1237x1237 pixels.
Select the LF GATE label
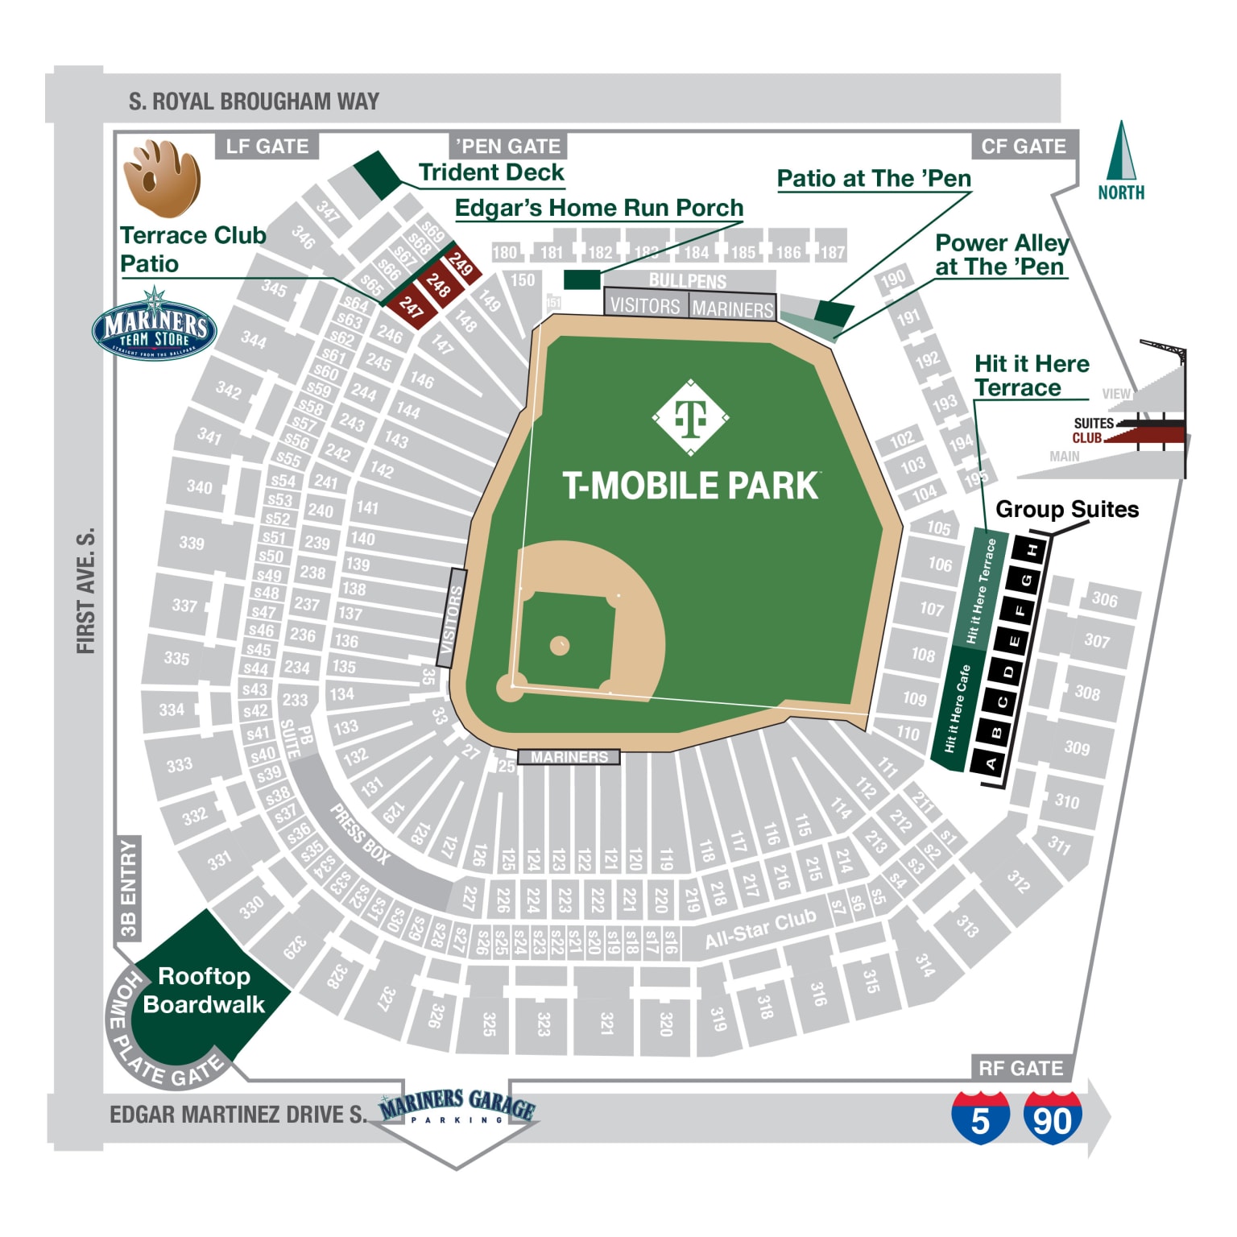pos(267,147)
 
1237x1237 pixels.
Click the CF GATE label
pos(1023,147)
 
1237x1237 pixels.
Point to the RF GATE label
pos(1020,1068)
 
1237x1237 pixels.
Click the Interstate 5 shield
pos(980,1117)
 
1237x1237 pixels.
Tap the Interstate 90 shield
pos(1052,1117)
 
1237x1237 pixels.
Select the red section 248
pos(438,284)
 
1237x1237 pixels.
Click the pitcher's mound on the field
pos(560,645)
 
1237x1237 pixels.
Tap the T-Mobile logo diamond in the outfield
pos(690,417)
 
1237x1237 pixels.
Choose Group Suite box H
pos(1032,550)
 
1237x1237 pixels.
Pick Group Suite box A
pos(991,763)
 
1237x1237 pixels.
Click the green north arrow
pos(1120,153)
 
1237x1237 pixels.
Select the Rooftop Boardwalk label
pos(204,990)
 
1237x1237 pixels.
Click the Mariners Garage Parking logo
pos(457,1107)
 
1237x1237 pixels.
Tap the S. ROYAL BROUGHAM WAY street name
pos(254,101)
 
